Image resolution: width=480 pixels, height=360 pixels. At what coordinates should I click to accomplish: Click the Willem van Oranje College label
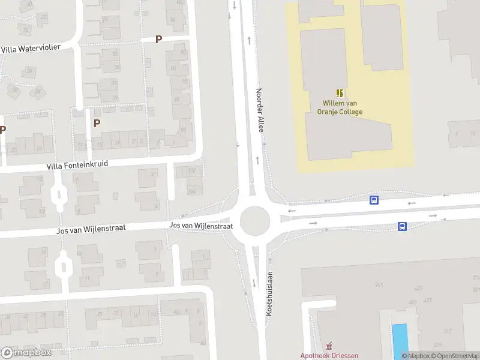(x=343, y=107)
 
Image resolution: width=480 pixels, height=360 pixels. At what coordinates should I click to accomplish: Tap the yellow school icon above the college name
(x=340, y=93)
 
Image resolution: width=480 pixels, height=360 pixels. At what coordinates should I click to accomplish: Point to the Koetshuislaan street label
(x=270, y=294)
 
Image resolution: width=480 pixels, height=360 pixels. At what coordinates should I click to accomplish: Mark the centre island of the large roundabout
(x=254, y=221)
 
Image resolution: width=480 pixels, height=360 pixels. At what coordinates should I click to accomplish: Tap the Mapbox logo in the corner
(x=26, y=353)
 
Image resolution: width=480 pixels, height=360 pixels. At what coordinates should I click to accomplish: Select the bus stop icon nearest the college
(x=374, y=200)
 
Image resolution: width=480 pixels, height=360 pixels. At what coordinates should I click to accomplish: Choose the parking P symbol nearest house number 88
(x=159, y=40)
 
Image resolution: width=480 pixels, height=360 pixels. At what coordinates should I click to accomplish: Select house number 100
(x=192, y=171)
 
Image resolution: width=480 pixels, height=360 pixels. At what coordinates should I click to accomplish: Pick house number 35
(x=114, y=97)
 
